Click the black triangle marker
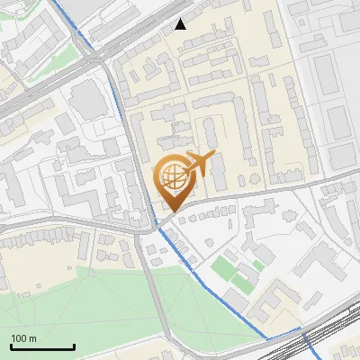[181, 24]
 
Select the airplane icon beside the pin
[199, 165]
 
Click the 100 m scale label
[23, 338]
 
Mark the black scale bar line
[42, 346]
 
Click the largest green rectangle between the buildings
[222, 267]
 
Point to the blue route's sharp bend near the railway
[268, 338]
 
